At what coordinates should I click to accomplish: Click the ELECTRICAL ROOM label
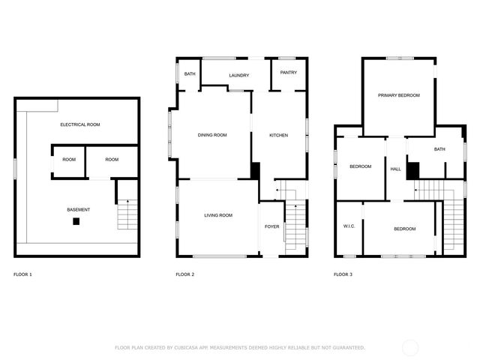pos(80,124)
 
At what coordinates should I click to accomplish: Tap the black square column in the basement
pos(76,221)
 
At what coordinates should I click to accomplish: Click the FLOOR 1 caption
pos(22,274)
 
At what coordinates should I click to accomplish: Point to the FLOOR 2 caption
pos(185,274)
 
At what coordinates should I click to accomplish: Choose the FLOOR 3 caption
pos(343,274)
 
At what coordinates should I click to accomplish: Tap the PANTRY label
pos(289,73)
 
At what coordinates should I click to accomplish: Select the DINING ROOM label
pos(212,135)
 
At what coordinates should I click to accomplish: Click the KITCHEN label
pos(279,135)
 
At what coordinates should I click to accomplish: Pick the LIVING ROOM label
pos(218,215)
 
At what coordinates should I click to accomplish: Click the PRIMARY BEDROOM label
pos(398,95)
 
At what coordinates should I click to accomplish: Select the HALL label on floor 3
pos(395,169)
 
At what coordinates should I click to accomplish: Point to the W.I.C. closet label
pos(349,226)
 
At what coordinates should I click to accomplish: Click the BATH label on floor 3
pos(439,149)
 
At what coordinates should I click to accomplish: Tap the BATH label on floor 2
pos(190,73)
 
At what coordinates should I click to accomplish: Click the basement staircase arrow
pos(127,202)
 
